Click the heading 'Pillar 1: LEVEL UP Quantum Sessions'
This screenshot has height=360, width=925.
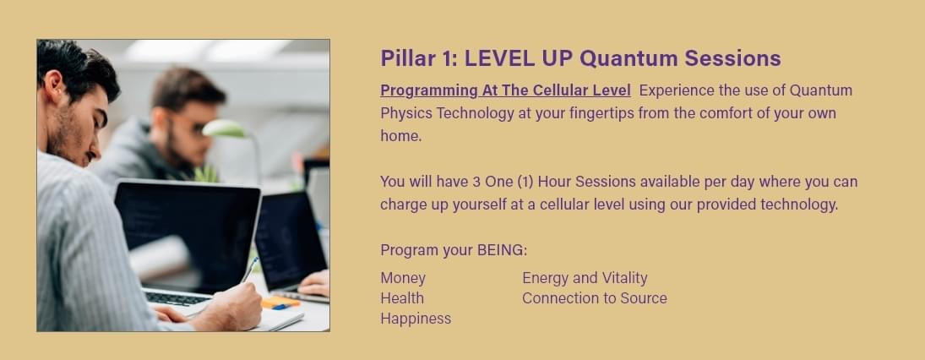point(580,58)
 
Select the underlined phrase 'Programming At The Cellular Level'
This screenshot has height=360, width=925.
point(505,91)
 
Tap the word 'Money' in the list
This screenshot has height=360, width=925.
point(403,278)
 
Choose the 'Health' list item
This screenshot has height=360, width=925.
point(402,298)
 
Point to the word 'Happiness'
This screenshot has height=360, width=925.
point(416,319)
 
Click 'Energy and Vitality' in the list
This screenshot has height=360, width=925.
point(585,278)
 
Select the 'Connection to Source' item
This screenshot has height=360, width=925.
point(595,298)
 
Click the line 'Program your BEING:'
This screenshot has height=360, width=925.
point(454,250)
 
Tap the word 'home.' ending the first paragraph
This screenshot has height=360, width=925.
point(401,136)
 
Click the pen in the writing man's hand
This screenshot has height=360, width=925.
point(249,270)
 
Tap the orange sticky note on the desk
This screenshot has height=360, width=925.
point(280,303)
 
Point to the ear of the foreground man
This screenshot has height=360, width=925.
point(55,83)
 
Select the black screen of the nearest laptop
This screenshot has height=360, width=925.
point(188,236)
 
